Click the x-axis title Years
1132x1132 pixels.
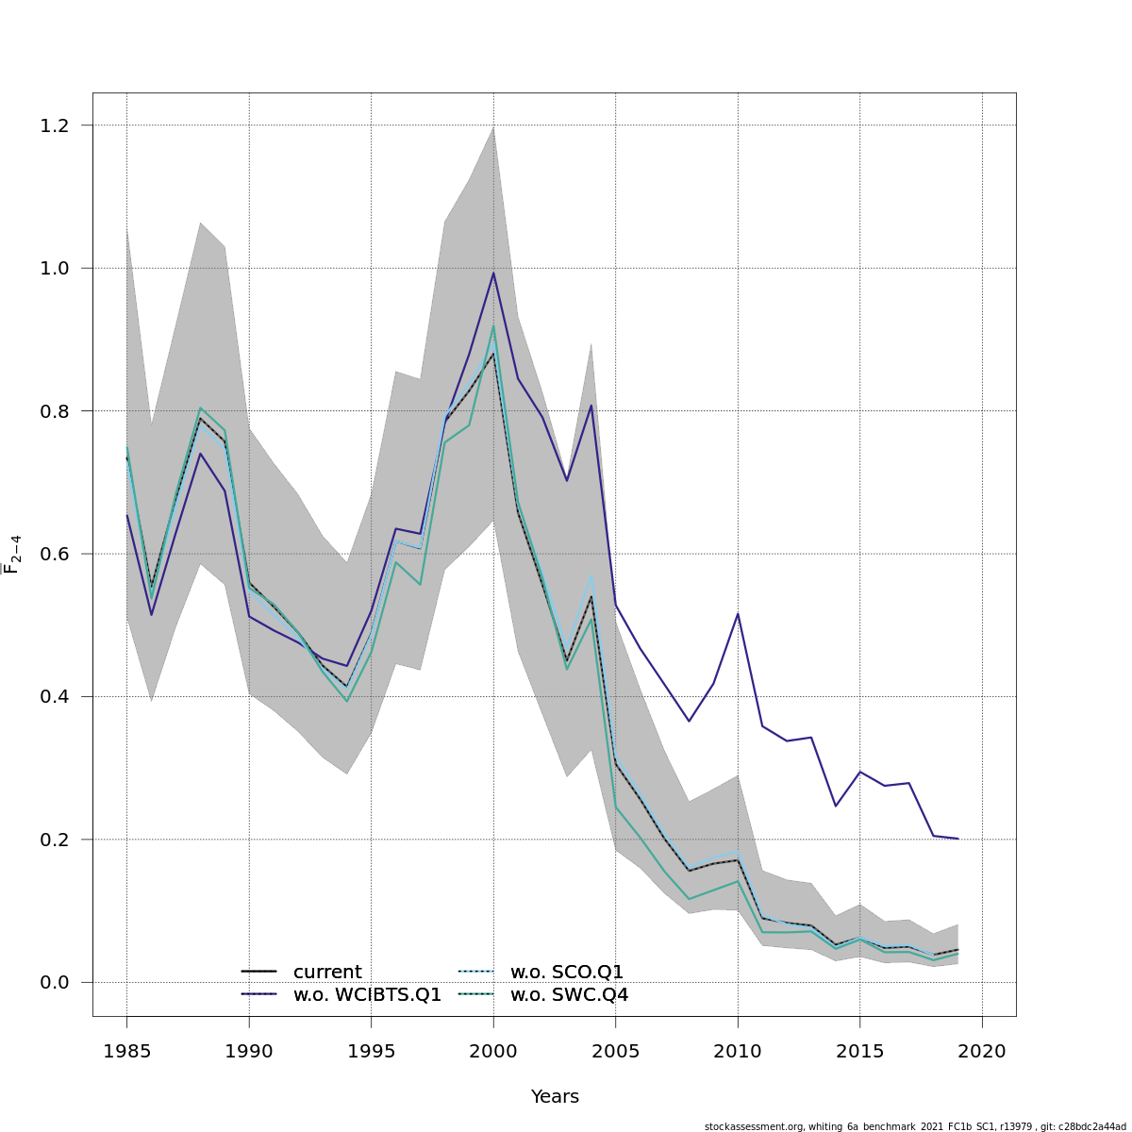(555, 1097)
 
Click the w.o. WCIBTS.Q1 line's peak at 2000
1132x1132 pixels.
(493, 273)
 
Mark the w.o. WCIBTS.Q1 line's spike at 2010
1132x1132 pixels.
(738, 614)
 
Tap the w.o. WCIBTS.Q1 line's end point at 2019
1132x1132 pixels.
(957, 839)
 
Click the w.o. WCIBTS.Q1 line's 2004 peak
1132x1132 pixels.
(591, 406)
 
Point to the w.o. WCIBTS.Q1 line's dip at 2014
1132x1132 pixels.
(836, 806)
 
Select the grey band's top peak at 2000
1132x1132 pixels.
(493, 127)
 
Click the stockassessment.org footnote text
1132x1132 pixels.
(914, 1126)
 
